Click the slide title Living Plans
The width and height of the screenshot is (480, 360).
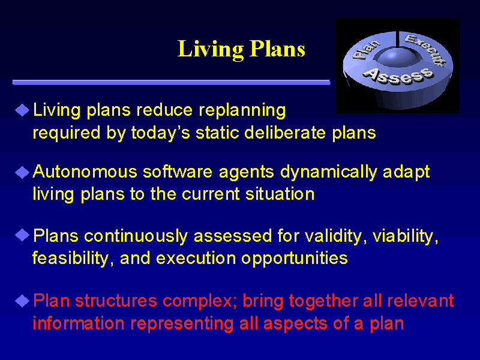pos(241,50)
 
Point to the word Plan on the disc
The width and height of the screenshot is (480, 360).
pos(366,49)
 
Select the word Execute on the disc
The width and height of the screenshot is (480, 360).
pos(425,50)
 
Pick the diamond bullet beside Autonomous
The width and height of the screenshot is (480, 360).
pos(22,172)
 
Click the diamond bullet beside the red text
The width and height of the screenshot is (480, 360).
pos(22,301)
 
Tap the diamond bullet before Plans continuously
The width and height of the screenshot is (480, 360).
pos(22,235)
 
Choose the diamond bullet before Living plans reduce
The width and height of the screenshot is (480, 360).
pos(22,110)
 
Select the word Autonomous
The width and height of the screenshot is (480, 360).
pos(85,172)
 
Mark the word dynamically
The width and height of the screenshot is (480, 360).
pos(329,172)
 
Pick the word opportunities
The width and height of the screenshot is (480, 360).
pos(295,259)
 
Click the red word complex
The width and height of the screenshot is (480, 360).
pos(200,301)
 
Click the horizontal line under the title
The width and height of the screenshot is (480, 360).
pos(172,82)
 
